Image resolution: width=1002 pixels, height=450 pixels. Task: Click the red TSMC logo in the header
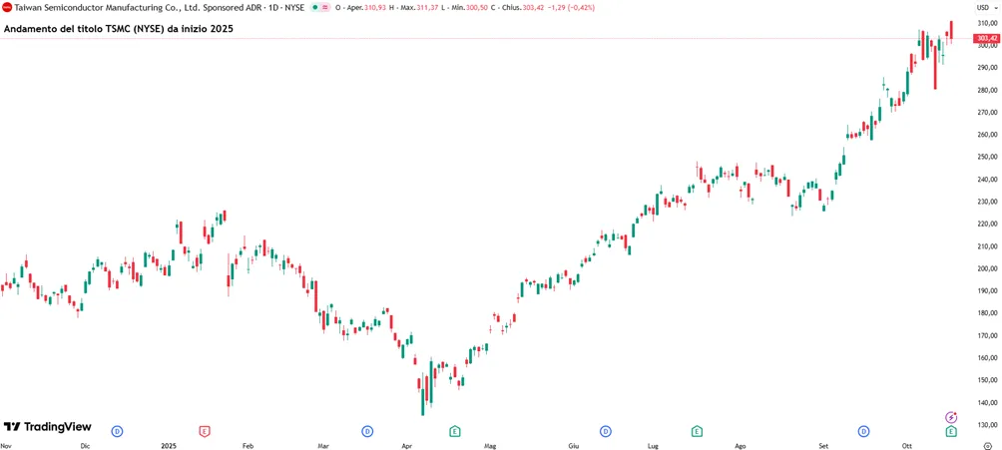[8, 7]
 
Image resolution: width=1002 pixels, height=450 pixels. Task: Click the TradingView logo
[47, 427]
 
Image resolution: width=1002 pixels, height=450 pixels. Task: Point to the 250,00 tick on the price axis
[987, 158]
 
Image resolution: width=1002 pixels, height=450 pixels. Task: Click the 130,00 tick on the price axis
[987, 425]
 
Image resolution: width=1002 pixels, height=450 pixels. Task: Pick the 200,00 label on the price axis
[987, 269]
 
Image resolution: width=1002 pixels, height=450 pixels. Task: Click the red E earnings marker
[204, 431]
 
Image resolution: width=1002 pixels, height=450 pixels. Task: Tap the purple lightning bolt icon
[951, 417]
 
